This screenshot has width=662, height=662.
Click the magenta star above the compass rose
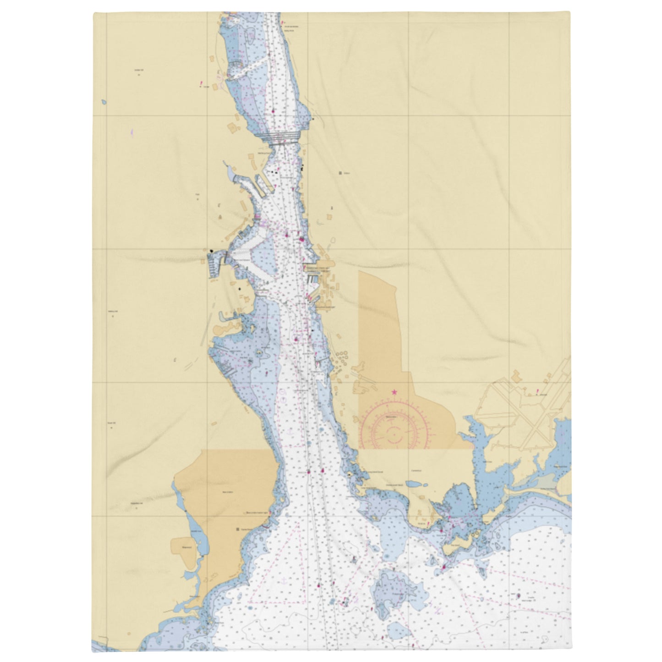(x=394, y=392)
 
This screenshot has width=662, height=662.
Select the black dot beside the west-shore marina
(x=211, y=251)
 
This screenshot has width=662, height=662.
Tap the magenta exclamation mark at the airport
(x=536, y=391)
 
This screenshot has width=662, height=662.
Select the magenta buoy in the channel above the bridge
(x=273, y=111)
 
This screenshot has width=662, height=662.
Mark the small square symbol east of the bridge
(x=340, y=173)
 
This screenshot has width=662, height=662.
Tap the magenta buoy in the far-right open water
(x=518, y=596)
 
